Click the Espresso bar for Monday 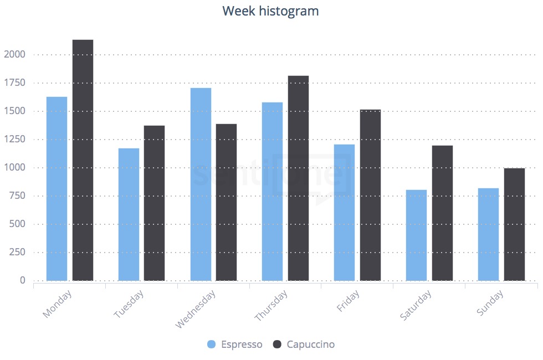[x=57, y=188]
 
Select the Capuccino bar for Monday [x=83, y=160]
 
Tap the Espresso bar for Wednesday [x=201, y=184]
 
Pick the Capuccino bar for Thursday [x=298, y=178]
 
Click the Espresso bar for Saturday [x=416, y=235]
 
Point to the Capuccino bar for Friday [x=370, y=195]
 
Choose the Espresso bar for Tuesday [x=129, y=214]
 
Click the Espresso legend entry [x=235, y=344]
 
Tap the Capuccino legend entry [x=304, y=344]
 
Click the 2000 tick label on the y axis [x=14, y=54]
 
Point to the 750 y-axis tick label [x=17, y=196]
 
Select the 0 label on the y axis [x=22, y=280]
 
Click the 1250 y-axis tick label [x=14, y=139]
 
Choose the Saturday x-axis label [x=415, y=306]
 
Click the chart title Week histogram [x=270, y=11]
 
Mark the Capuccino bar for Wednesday [x=226, y=202]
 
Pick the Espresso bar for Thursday [x=272, y=191]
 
